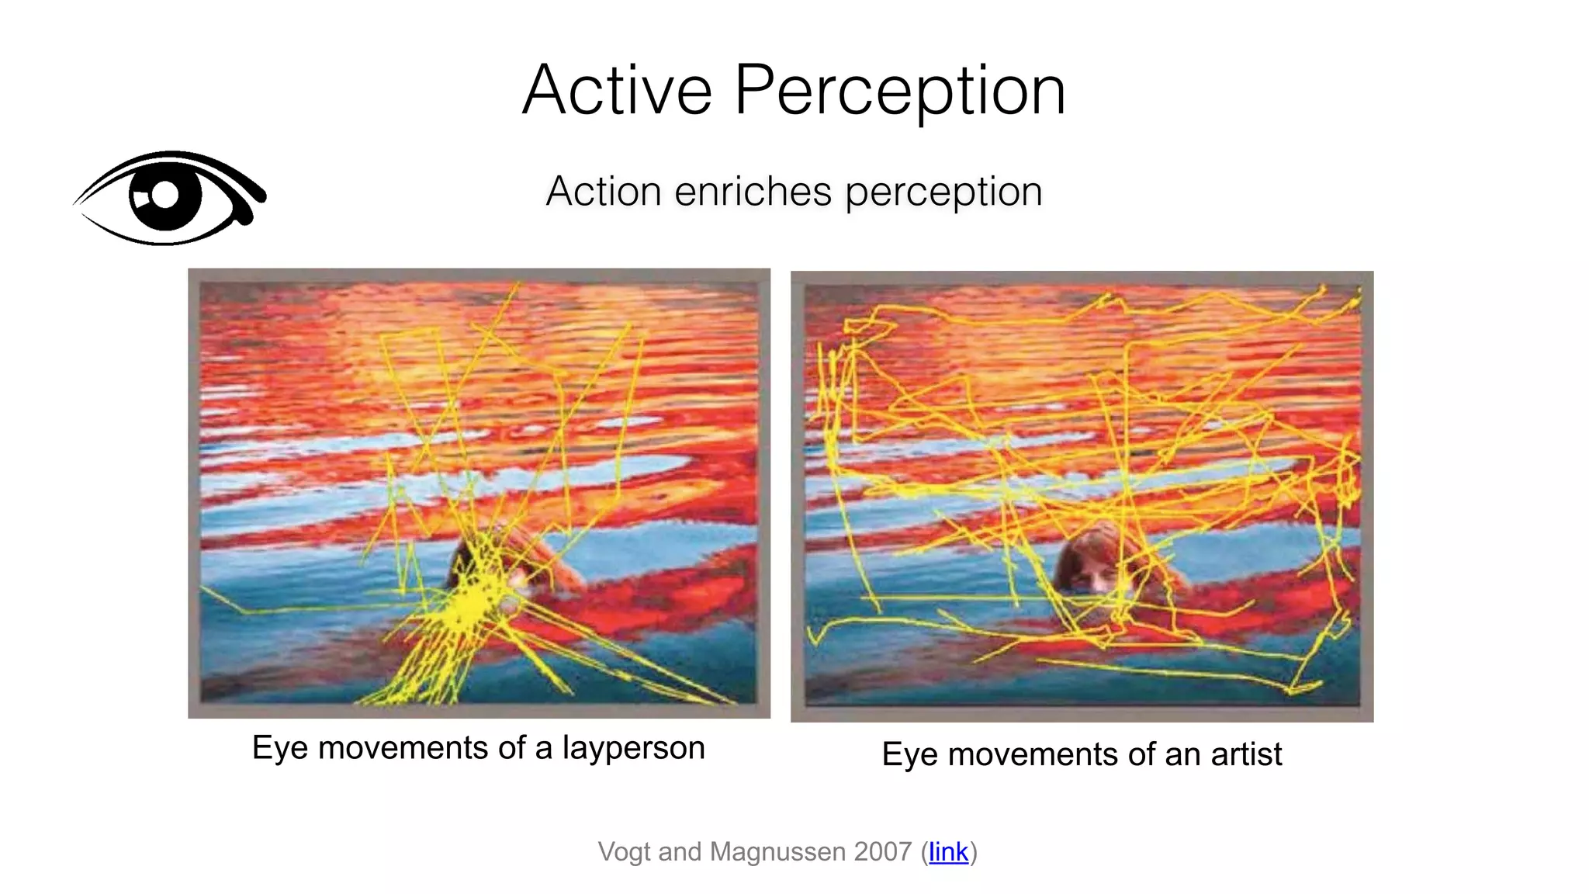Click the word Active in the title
click(x=617, y=91)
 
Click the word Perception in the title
click(x=899, y=91)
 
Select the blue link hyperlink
click(x=948, y=851)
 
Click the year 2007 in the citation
click(x=882, y=851)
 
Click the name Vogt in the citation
click(x=625, y=851)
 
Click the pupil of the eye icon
click(x=165, y=195)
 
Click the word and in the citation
click(x=680, y=851)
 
